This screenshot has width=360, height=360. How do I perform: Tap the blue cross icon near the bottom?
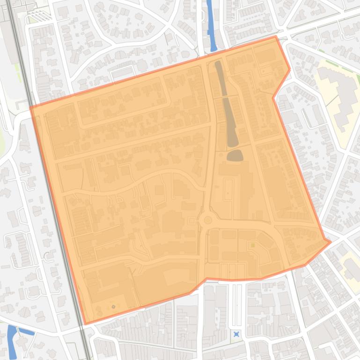click(236, 334)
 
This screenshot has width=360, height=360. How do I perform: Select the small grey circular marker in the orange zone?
click(113, 307)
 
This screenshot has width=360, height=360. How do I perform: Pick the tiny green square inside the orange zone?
click(253, 245)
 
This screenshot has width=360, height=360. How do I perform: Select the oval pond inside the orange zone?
click(235, 156)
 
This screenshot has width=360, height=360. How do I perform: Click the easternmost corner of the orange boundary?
click(331, 242)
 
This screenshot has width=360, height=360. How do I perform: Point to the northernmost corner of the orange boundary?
click(276, 36)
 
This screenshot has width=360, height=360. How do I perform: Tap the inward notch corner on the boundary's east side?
click(273, 98)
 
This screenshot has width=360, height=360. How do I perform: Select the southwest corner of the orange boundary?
click(85, 324)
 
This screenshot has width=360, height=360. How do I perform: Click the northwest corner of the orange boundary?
click(30, 108)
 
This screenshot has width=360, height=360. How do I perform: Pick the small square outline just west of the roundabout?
click(191, 220)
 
